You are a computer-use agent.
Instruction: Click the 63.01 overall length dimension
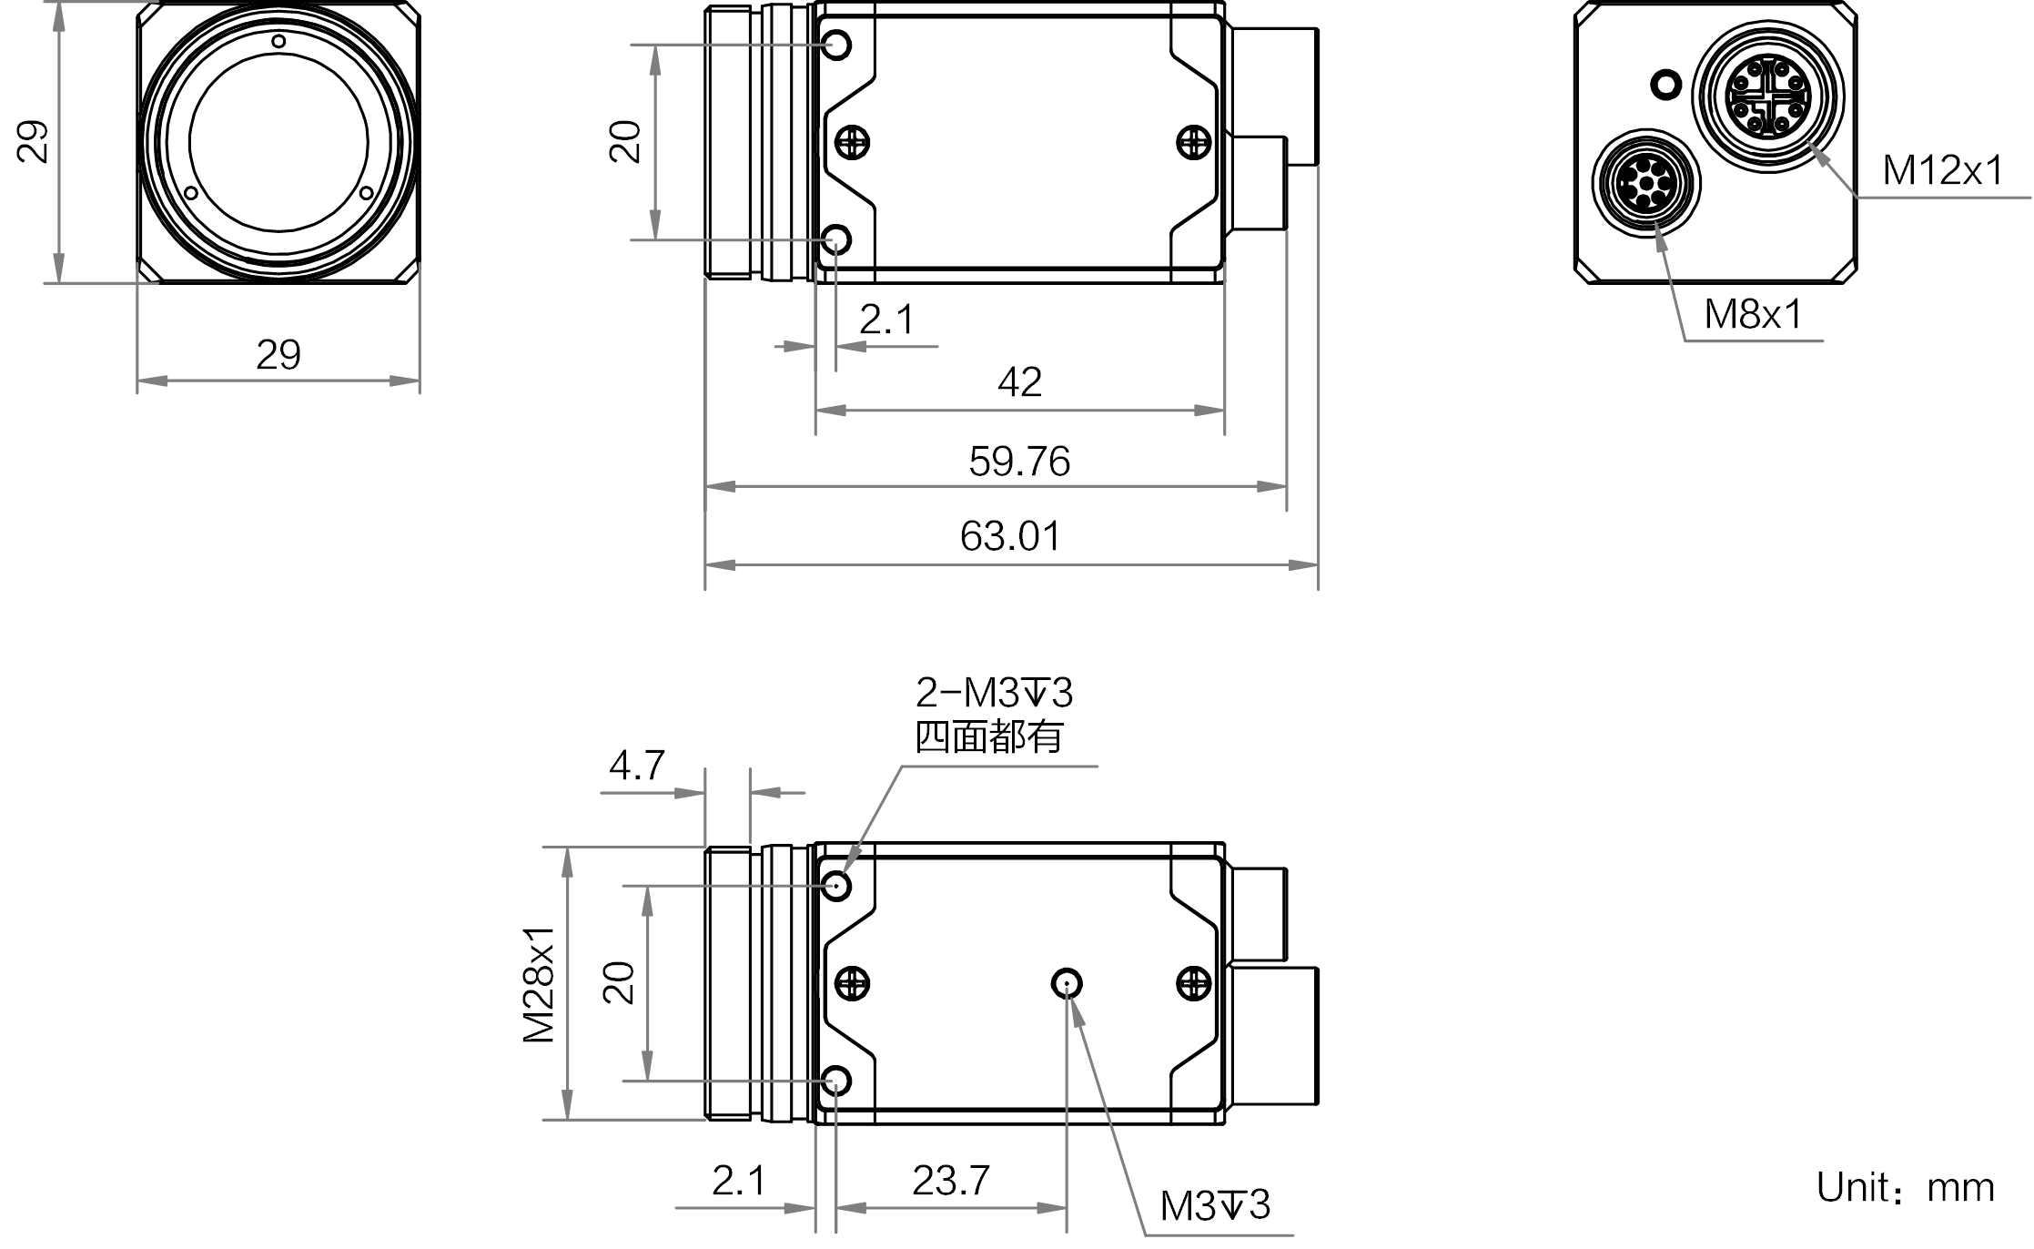(1010, 536)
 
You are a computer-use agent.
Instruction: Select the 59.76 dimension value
(1018, 462)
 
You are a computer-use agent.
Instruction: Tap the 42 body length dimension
(1019, 382)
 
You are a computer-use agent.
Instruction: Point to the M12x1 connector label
(1942, 170)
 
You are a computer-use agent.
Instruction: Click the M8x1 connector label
(1753, 315)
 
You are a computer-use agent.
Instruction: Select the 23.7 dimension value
(950, 1181)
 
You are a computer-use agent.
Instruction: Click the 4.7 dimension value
(636, 766)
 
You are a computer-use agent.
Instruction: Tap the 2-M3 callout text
(994, 694)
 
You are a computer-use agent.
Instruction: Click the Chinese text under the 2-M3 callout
(988, 736)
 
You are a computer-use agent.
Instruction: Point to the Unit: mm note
(1905, 1188)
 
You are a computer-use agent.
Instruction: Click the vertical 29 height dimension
(35, 141)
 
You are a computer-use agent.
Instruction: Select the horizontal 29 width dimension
(278, 355)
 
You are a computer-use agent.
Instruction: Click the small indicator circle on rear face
(1665, 86)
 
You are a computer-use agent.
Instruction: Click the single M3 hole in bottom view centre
(1066, 983)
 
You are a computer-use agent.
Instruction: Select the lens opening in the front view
(278, 143)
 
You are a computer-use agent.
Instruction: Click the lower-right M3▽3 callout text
(1215, 1206)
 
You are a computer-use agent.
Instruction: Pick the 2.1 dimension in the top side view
(885, 320)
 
